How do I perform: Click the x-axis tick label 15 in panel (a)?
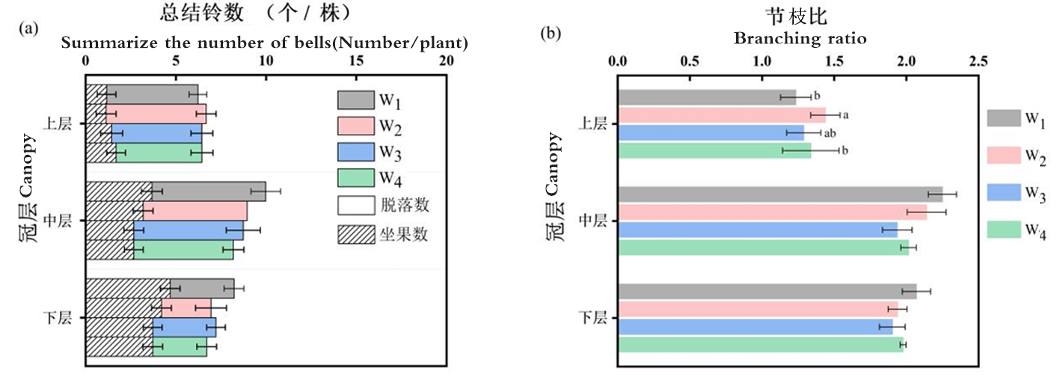coord(356,61)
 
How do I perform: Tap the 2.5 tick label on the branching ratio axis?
coord(978,61)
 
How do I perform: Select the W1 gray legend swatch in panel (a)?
coord(356,100)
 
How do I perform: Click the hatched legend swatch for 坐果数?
coord(356,234)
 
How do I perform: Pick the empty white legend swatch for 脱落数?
coord(356,206)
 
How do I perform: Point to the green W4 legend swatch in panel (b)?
coord(1004,230)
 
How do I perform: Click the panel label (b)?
coord(551,34)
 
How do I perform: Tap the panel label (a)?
coord(28,28)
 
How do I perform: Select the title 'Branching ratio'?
coord(800,38)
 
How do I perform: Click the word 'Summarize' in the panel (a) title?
coord(109,43)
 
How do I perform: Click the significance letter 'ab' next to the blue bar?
coord(830,133)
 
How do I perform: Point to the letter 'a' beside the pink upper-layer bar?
coord(845,115)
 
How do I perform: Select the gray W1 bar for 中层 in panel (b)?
coord(780,194)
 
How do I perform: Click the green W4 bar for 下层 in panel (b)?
coord(761,345)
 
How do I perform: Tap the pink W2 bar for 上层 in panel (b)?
coord(722,115)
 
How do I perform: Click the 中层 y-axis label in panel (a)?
coord(58,221)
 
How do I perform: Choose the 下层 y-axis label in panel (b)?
coord(593,317)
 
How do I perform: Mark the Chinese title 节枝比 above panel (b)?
coord(797,16)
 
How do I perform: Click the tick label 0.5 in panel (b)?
coord(690,61)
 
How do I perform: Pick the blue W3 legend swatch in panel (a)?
coord(356,152)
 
